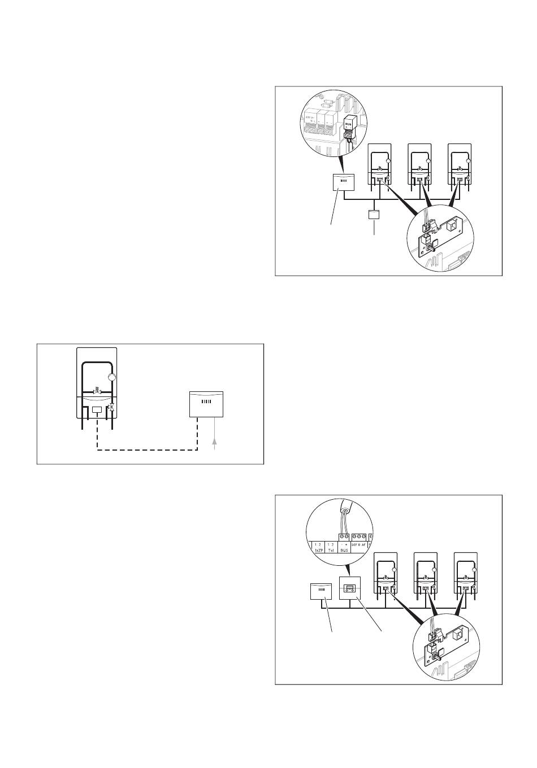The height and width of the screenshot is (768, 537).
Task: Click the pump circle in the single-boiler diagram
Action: pos(112,378)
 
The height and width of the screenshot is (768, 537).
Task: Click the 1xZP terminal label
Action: pos(317,548)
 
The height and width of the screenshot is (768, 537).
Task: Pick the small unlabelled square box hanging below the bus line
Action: pos(374,215)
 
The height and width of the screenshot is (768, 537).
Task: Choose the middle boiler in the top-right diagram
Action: pos(419,165)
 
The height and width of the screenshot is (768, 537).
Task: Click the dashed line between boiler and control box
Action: pos(147,450)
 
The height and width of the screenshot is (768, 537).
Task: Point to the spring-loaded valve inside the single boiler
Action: pos(97,391)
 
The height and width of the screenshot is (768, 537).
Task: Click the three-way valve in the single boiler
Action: pos(111,407)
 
